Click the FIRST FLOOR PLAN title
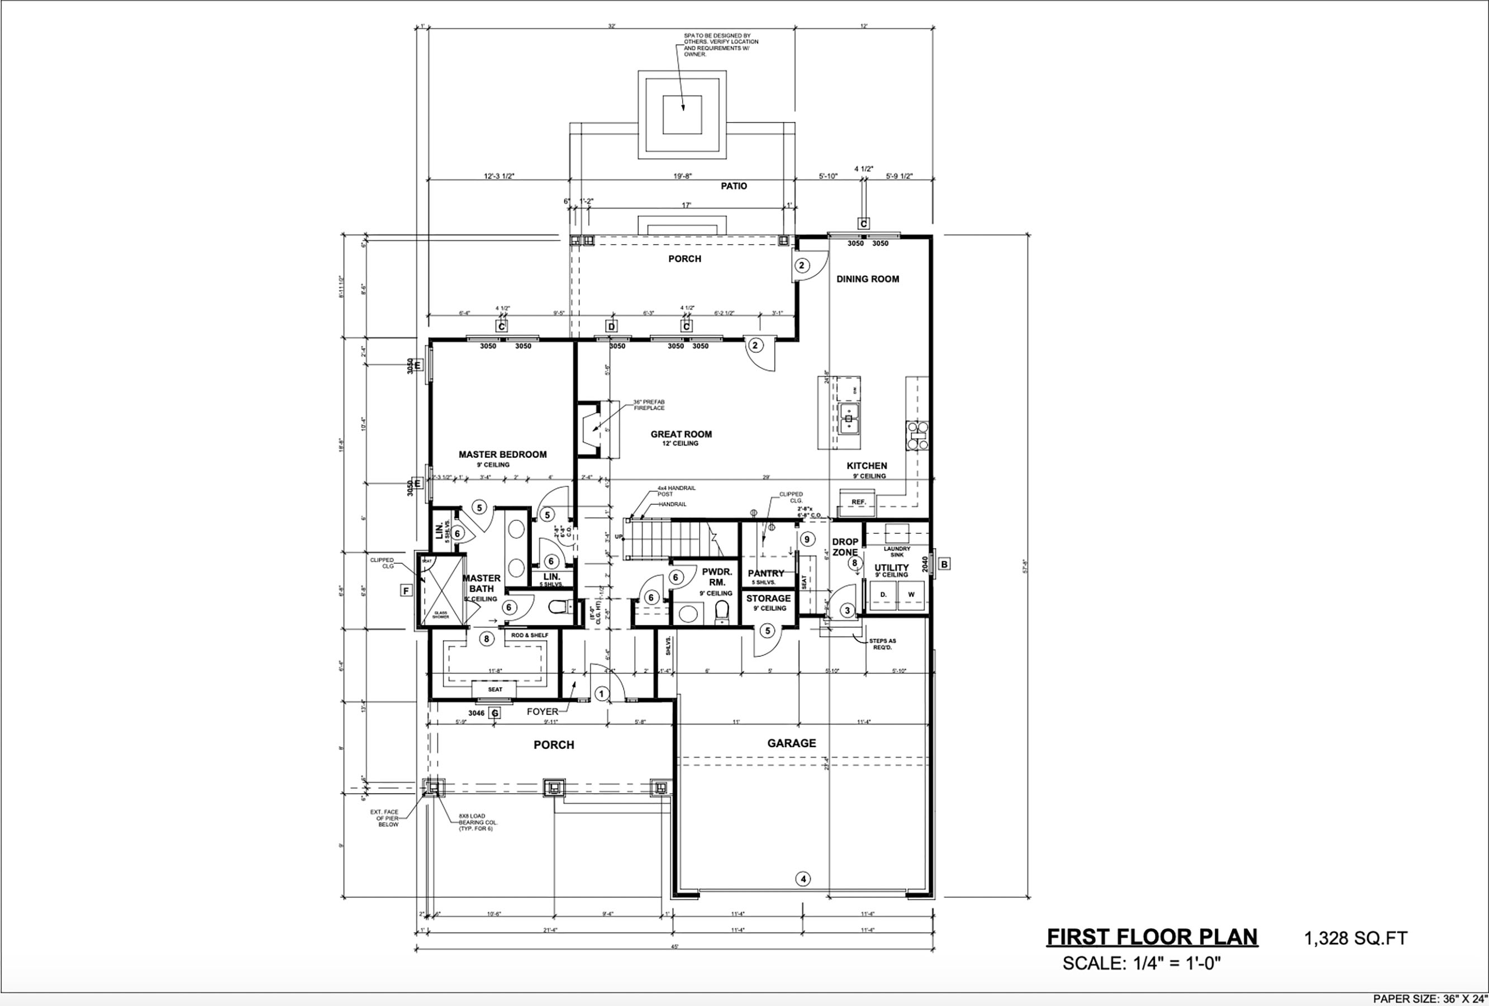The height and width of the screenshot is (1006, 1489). click(1152, 937)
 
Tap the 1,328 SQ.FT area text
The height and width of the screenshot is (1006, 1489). click(1355, 939)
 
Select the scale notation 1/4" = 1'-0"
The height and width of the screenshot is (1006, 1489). click(1141, 964)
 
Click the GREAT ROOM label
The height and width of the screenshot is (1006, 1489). click(681, 434)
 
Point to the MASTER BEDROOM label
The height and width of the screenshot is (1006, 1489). click(502, 454)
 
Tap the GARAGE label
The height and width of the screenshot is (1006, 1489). click(791, 743)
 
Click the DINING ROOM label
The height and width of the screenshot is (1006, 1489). click(868, 279)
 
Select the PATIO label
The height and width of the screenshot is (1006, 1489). click(734, 186)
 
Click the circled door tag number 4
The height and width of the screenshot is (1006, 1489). click(803, 879)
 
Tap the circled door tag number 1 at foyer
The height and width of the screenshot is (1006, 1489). click(601, 694)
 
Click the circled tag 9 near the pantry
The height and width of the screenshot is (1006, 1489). click(807, 539)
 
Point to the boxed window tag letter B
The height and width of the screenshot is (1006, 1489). click(944, 564)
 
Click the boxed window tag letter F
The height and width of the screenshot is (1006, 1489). click(406, 590)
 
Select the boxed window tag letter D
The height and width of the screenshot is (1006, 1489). click(611, 327)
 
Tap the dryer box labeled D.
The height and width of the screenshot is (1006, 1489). click(883, 594)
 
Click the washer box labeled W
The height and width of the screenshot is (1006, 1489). click(911, 594)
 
